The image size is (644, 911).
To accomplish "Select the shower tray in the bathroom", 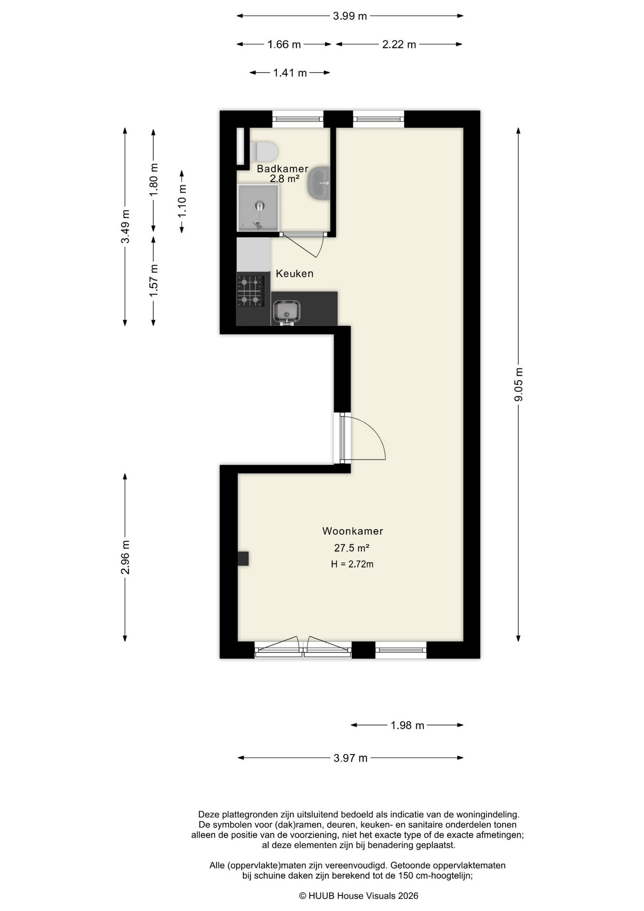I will coord(258,207).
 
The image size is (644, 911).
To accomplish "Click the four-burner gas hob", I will coord(250,290).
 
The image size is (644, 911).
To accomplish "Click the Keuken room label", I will coord(294,274).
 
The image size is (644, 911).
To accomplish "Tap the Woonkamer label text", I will coord(352,531).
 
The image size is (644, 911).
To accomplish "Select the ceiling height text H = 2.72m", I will coord(352,564).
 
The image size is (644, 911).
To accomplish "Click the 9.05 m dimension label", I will coord(518,384).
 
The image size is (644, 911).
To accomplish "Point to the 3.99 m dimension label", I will coord(350,16).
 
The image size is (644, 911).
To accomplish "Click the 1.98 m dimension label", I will coord(407,725).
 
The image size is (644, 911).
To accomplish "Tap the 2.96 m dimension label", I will coord(125,557).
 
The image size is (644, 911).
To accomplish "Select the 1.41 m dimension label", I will coord(290,73).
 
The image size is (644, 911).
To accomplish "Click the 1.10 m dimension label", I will coord(182,201).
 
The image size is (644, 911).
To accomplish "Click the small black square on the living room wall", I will coord(243,558).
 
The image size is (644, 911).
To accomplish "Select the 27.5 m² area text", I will coord(352,548).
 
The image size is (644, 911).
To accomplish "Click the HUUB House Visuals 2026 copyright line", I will coord(359,896).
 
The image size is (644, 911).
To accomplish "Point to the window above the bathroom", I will coord(298,118).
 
